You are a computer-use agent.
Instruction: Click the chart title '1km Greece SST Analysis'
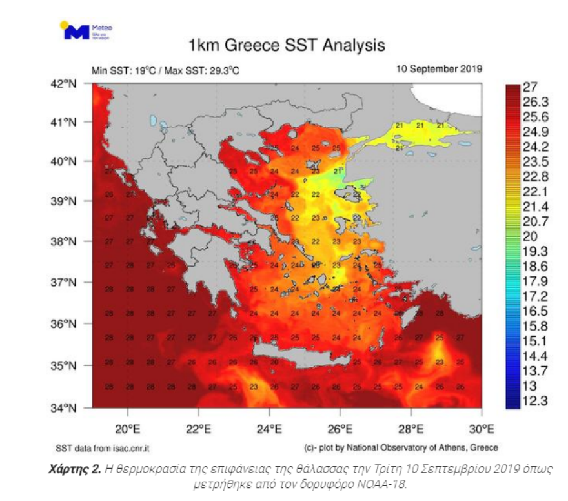(286, 46)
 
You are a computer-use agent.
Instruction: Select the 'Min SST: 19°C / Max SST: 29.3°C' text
(165, 70)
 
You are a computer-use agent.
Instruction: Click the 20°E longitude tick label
(128, 427)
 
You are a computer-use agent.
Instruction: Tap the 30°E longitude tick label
(481, 427)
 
